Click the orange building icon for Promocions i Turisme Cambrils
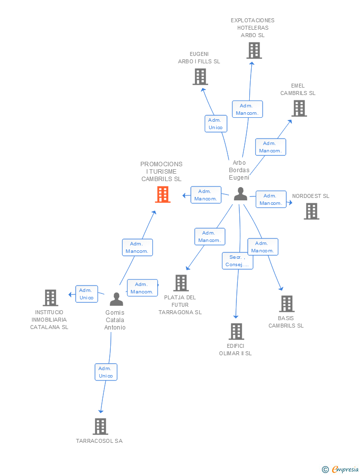[x=163, y=194]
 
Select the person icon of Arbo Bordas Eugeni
[x=241, y=194]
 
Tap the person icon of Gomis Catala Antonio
[x=116, y=299]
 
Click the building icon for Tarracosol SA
[x=100, y=427]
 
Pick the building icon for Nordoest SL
[x=312, y=211]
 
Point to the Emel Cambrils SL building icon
[x=299, y=108]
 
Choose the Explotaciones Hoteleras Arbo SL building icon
[x=254, y=50]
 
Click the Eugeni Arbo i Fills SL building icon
[x=200, y=77]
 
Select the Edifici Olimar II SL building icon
[x=236, y=332]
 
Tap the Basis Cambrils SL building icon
[x=287, y=304]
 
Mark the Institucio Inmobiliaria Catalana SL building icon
[x=50, y=298]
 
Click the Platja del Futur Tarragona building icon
[x=181, y=283]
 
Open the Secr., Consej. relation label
[x=237, y=261]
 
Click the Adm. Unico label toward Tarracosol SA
[x=106, y=372]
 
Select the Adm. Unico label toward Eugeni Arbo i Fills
[x=216, y=124]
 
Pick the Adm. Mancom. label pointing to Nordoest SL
[x=270, y=199]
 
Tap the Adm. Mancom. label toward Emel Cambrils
[x=270, y=147]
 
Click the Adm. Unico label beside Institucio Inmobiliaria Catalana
[x=87, y=294]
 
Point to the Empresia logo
[x=340, y=469]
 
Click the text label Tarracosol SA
[x=99, y=441]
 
